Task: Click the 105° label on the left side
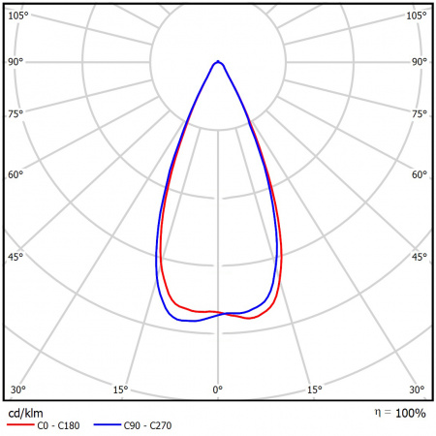coord(19,16)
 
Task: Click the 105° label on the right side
coord(416,16)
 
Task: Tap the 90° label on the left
coord(16,62)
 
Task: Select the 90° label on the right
coord(419,62)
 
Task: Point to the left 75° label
coord(16,113)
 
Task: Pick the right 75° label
coord(419,113)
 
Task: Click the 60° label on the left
coord(16,175)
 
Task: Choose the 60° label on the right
coord(419,175)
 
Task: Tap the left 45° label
coord(16,257)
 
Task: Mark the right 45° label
coord(419,257)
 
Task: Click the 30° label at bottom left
coord(16,389)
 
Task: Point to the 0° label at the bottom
coord(218,389)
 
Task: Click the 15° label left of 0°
coord(120,389)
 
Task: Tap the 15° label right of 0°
coord(315,389)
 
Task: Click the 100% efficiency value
coord(410,414)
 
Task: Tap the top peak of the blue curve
coord(219,61)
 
